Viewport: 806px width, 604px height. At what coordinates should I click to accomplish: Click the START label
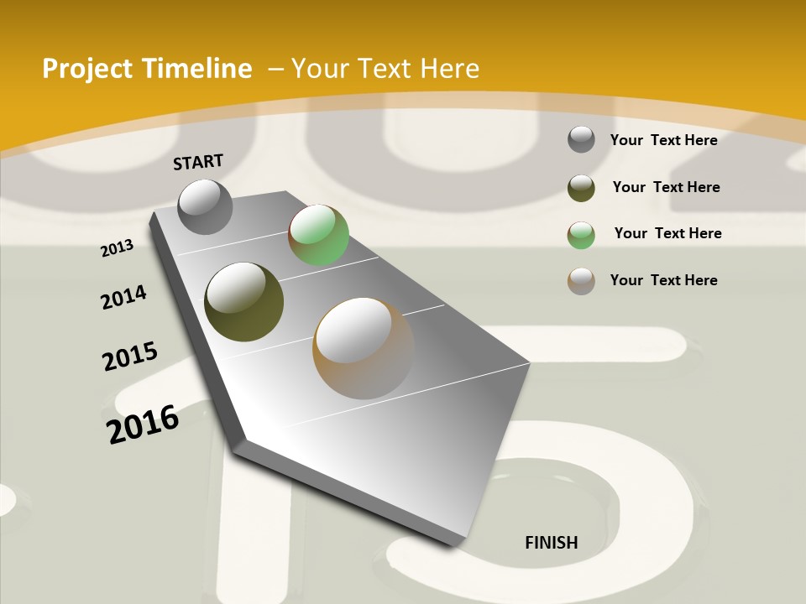(198, 162)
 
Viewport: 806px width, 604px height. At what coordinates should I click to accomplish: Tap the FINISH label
(552, 543)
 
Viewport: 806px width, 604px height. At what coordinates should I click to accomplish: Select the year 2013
(118, 248)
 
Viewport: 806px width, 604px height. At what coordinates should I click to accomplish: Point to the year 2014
(124, 297)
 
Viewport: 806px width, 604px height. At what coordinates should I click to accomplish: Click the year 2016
(143, 424)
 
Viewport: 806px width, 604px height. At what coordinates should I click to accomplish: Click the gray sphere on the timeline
(206, 206)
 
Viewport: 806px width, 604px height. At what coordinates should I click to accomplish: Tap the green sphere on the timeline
(318, 236)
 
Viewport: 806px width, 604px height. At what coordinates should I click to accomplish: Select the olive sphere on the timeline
(244, 302)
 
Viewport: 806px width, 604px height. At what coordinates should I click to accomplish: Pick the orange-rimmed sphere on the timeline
(364, 348)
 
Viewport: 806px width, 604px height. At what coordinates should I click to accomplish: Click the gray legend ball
(581, 139)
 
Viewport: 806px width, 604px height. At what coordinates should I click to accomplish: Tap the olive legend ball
(581, 188)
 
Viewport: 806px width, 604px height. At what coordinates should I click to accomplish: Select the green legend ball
(581, 235)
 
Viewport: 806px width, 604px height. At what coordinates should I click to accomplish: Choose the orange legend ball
(581, 281)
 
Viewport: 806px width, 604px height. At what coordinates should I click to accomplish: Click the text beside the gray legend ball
(663, 140)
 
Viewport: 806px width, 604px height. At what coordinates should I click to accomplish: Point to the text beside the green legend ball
(667, 233)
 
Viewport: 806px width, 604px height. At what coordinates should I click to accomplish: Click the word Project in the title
(88, 69)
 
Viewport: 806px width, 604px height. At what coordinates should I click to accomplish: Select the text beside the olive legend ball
(666, 187)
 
